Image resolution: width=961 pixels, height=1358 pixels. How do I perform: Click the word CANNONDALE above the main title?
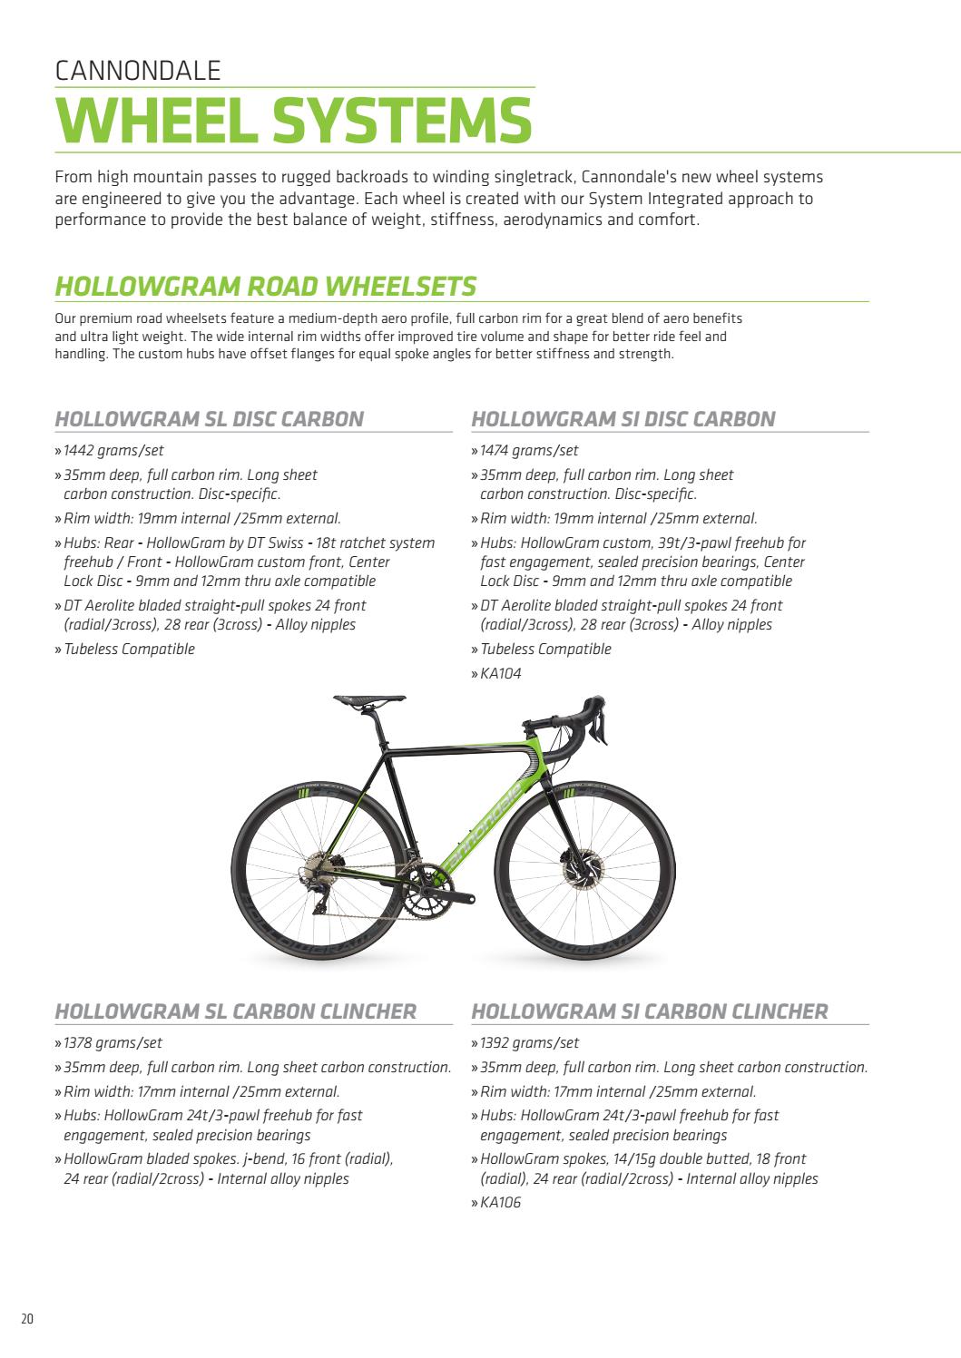click(138, 71)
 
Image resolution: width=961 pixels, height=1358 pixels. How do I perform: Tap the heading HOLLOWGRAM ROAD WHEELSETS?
click(265, 286)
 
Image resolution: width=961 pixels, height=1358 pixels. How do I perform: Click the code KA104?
click(501, 673)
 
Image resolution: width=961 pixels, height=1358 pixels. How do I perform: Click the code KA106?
click(501, 1203)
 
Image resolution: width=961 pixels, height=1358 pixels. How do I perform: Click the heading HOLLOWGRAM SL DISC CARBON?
click(210, 418)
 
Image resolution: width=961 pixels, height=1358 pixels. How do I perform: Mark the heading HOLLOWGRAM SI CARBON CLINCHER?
click(650, 1011)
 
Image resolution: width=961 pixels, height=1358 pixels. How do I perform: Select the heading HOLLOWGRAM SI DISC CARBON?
click(623, 418)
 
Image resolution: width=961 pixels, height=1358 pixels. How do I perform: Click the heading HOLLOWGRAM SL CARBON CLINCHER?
click(236, 1011)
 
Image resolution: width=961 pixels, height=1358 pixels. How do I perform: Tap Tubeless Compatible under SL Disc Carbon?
click(129, 649)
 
